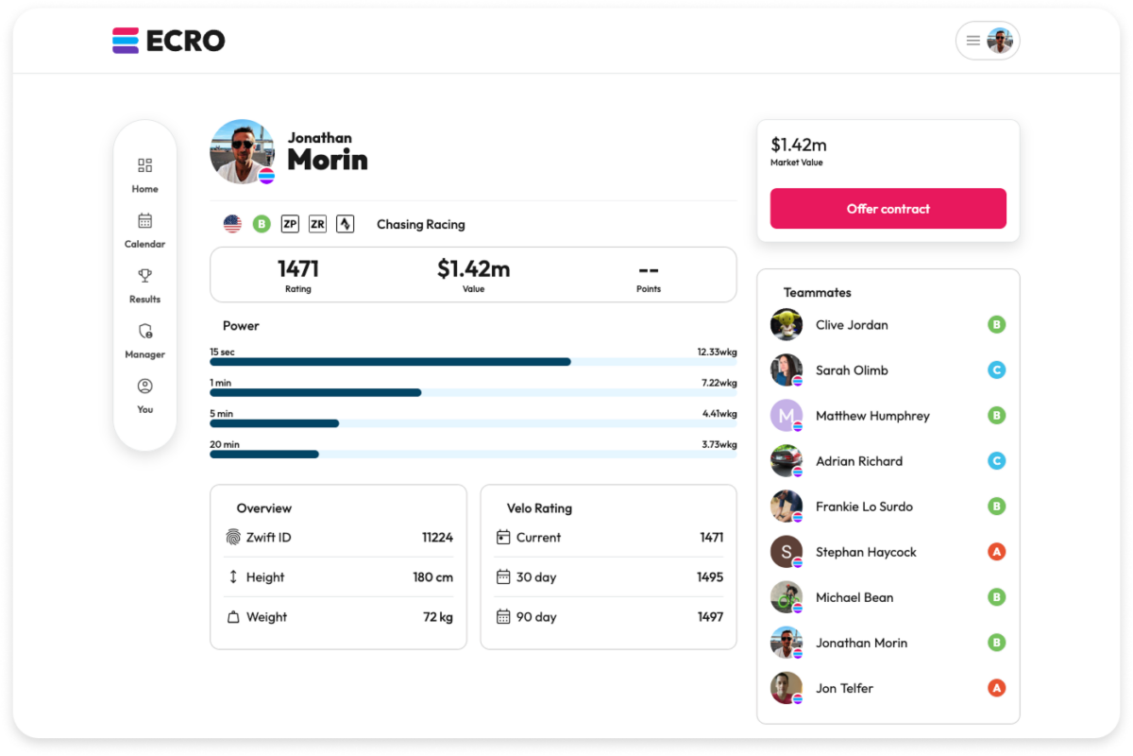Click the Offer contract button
pos(888,209)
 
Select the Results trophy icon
pos(144,276)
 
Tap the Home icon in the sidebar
pos(144,166)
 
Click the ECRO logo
pos(169,41)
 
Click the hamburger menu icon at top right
pos(972,41)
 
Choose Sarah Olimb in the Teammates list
pos(852,370)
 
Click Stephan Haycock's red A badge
pos(996,552)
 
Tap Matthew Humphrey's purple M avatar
pos(786,416)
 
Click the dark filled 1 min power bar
pos(315,392)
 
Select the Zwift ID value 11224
pos(437,538)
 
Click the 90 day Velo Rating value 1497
pos(709,617)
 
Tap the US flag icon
pos(232,224)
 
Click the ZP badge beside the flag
pos(290,224)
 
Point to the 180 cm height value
pos(432,577)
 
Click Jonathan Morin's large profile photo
pos(243,151)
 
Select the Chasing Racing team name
pos(420,225)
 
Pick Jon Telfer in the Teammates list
pos(844,688)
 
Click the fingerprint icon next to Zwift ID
pos(233,538)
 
